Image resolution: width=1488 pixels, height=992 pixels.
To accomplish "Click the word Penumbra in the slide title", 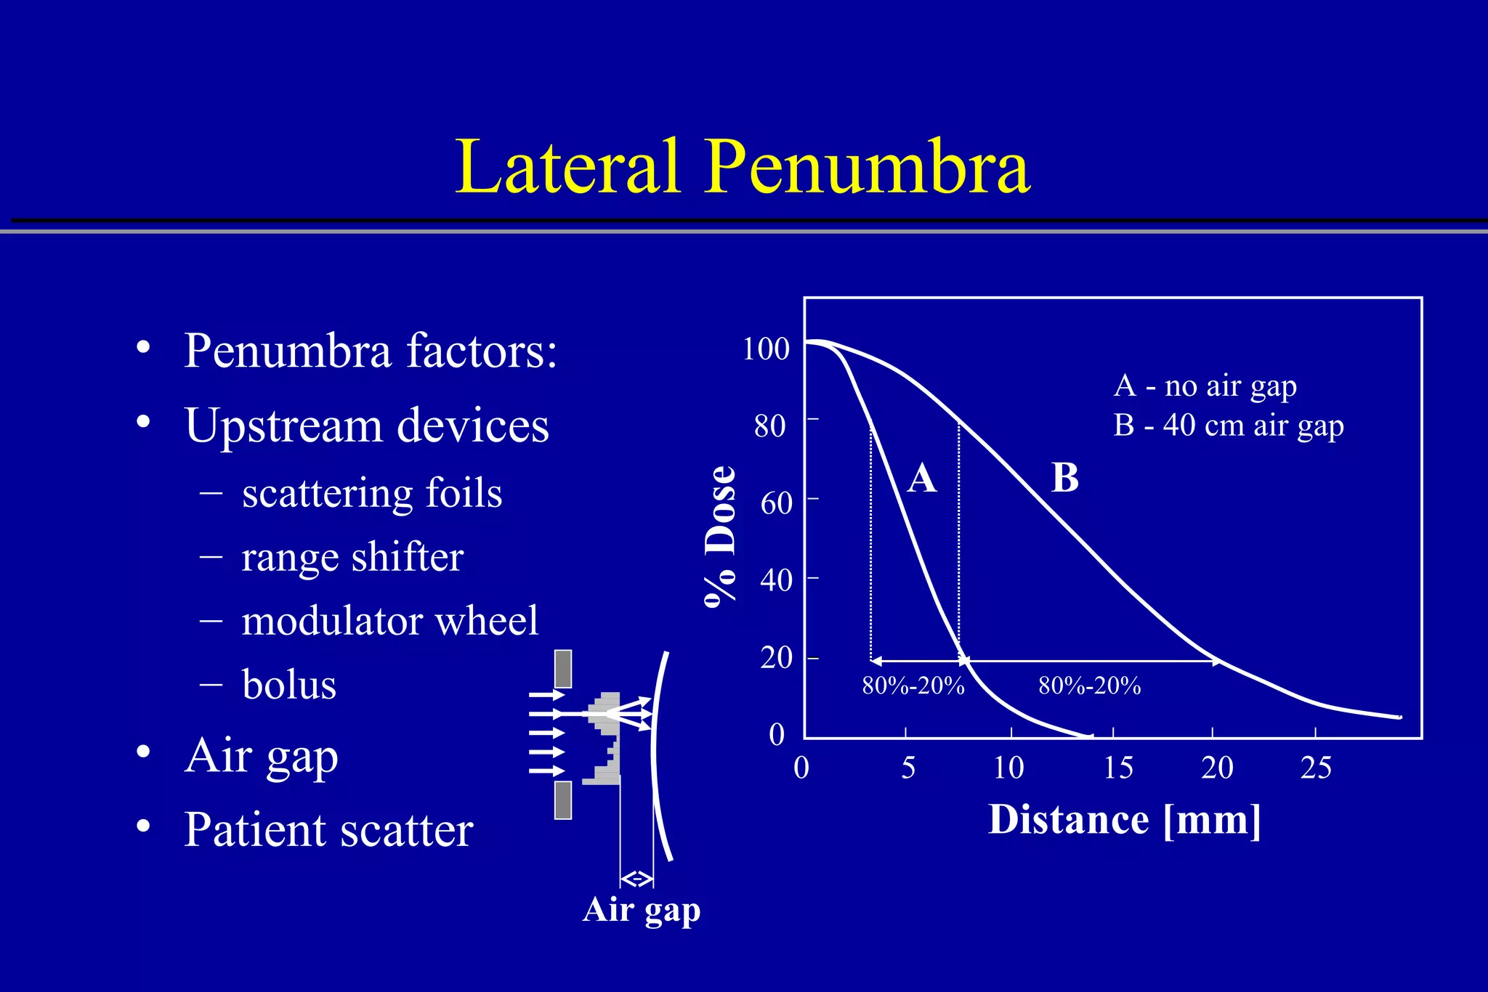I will pos(868,168).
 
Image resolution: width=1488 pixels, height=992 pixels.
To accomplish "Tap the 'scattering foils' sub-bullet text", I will pos(371,493).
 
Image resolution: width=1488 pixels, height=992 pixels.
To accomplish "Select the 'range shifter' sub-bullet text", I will pos(352,558).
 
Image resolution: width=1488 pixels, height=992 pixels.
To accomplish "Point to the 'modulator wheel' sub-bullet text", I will pos(389,621).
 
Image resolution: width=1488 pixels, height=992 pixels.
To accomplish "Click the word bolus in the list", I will pos(289,685).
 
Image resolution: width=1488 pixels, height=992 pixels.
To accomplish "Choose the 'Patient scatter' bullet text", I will pos(328,829).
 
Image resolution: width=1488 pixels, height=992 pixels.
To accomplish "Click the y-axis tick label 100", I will pos(766,349).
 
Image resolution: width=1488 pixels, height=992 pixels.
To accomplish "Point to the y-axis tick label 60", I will pos(776,503).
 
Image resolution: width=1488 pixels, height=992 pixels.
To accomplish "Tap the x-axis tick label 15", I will pos(1118,768).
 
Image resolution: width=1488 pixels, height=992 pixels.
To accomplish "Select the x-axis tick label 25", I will pos(1316,768).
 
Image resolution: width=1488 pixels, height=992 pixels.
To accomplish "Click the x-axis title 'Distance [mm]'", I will pos(1125,821).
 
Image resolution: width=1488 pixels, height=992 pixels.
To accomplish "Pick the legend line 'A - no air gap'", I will pos(1205,386).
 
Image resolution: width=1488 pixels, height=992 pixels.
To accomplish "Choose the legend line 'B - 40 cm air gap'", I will pos(1229,426).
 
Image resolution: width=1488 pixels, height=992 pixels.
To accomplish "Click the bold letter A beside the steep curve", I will pos(922,479).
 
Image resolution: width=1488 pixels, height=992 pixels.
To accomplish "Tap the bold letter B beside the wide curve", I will pos(1065,478).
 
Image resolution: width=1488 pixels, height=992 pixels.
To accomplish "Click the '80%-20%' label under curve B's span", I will pos(1089,686).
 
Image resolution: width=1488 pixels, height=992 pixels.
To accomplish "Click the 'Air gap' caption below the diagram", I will pos(641,910).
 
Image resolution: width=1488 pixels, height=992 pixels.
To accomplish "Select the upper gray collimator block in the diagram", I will pos(563,669).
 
